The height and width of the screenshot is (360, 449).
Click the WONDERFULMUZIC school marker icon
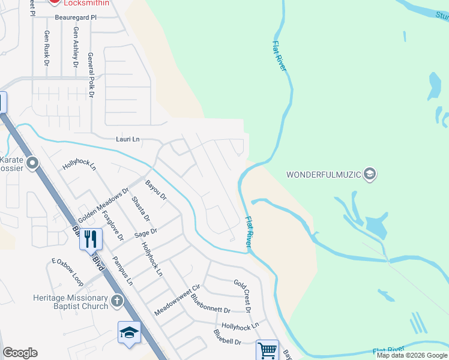pyautogui.click(x=370, y=175)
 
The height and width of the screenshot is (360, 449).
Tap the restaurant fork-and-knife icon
pyautogui.click(x=91, y=238)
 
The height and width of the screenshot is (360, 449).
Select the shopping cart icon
pyautogui.click(x=267, y=349)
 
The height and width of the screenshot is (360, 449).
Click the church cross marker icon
pyautogui.click(x=116, y=301)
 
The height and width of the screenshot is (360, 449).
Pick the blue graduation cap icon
pyautogui.click(x=129, y=332)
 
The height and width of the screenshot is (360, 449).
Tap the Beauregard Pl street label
pyautogui.click(x=76, y=18)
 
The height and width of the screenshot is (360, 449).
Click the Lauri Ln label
pyautogui.click(x=127, y=139)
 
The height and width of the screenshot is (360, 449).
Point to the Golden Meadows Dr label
pyautogui.click(x=103, y=204)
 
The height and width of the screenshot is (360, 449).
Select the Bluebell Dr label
pyautogui.click(x=227, y=337)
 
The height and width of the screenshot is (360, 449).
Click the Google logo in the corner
pyautogui.click(x=20, y=353)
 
